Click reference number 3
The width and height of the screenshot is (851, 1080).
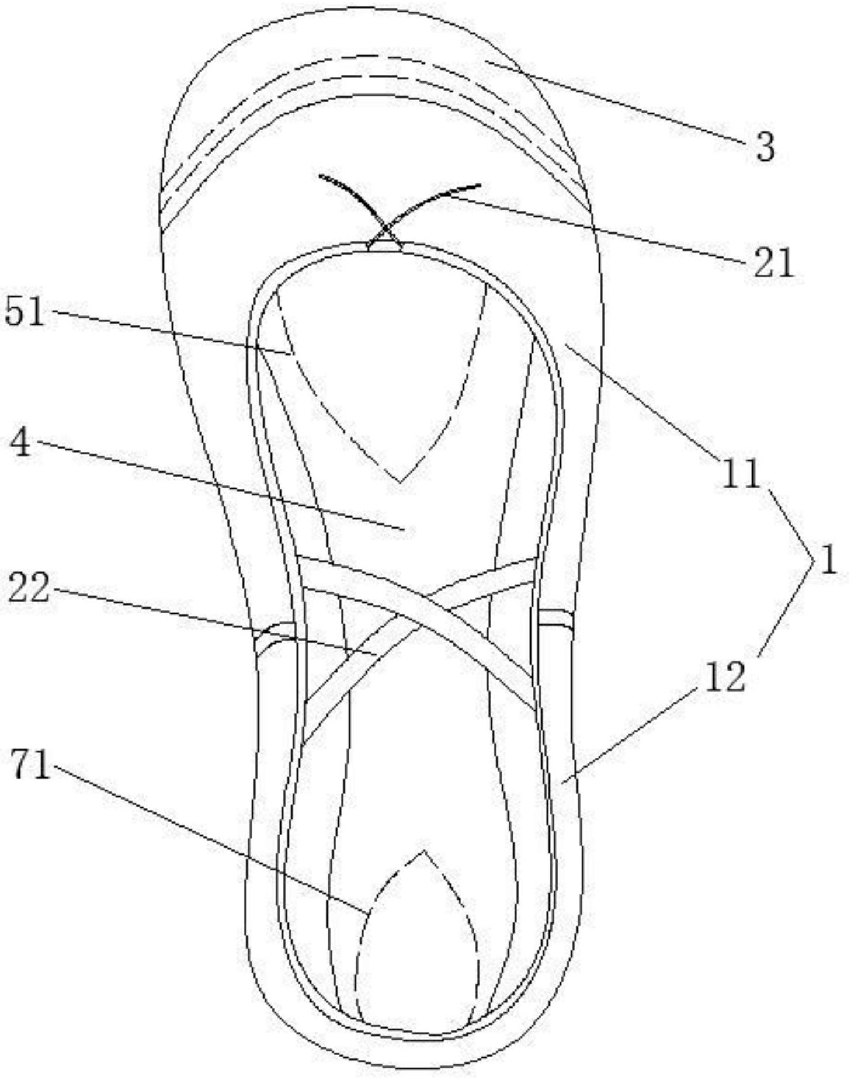coord(764,146)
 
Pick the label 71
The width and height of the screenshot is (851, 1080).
coord(31,764)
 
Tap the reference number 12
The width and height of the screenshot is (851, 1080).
coord(725,676)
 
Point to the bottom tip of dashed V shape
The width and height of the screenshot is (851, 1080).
coord(400,482)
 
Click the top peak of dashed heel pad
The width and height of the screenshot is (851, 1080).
coord(424,851)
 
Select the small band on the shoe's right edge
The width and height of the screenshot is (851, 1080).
coord(555,619)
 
